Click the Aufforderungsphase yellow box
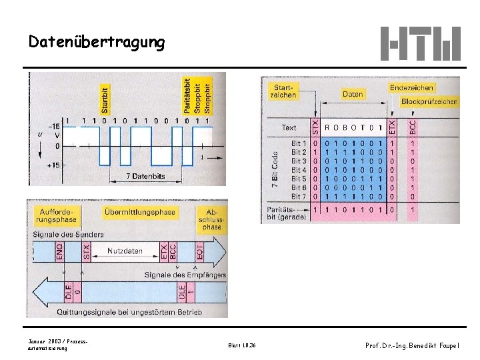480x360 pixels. click(x=57, y=215)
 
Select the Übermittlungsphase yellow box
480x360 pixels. click(x=140, y=212)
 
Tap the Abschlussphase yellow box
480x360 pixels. click(x=211, y=218)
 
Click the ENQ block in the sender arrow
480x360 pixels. click(x=59, y=251)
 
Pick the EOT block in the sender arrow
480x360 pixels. click(x=199, y=251)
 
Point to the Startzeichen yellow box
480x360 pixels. click(x=283, y=91)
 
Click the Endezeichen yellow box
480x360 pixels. click(x=412, y=87)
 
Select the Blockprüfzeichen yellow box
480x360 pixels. click(x=429, y=102)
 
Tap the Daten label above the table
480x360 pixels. click(x=353, y=95)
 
